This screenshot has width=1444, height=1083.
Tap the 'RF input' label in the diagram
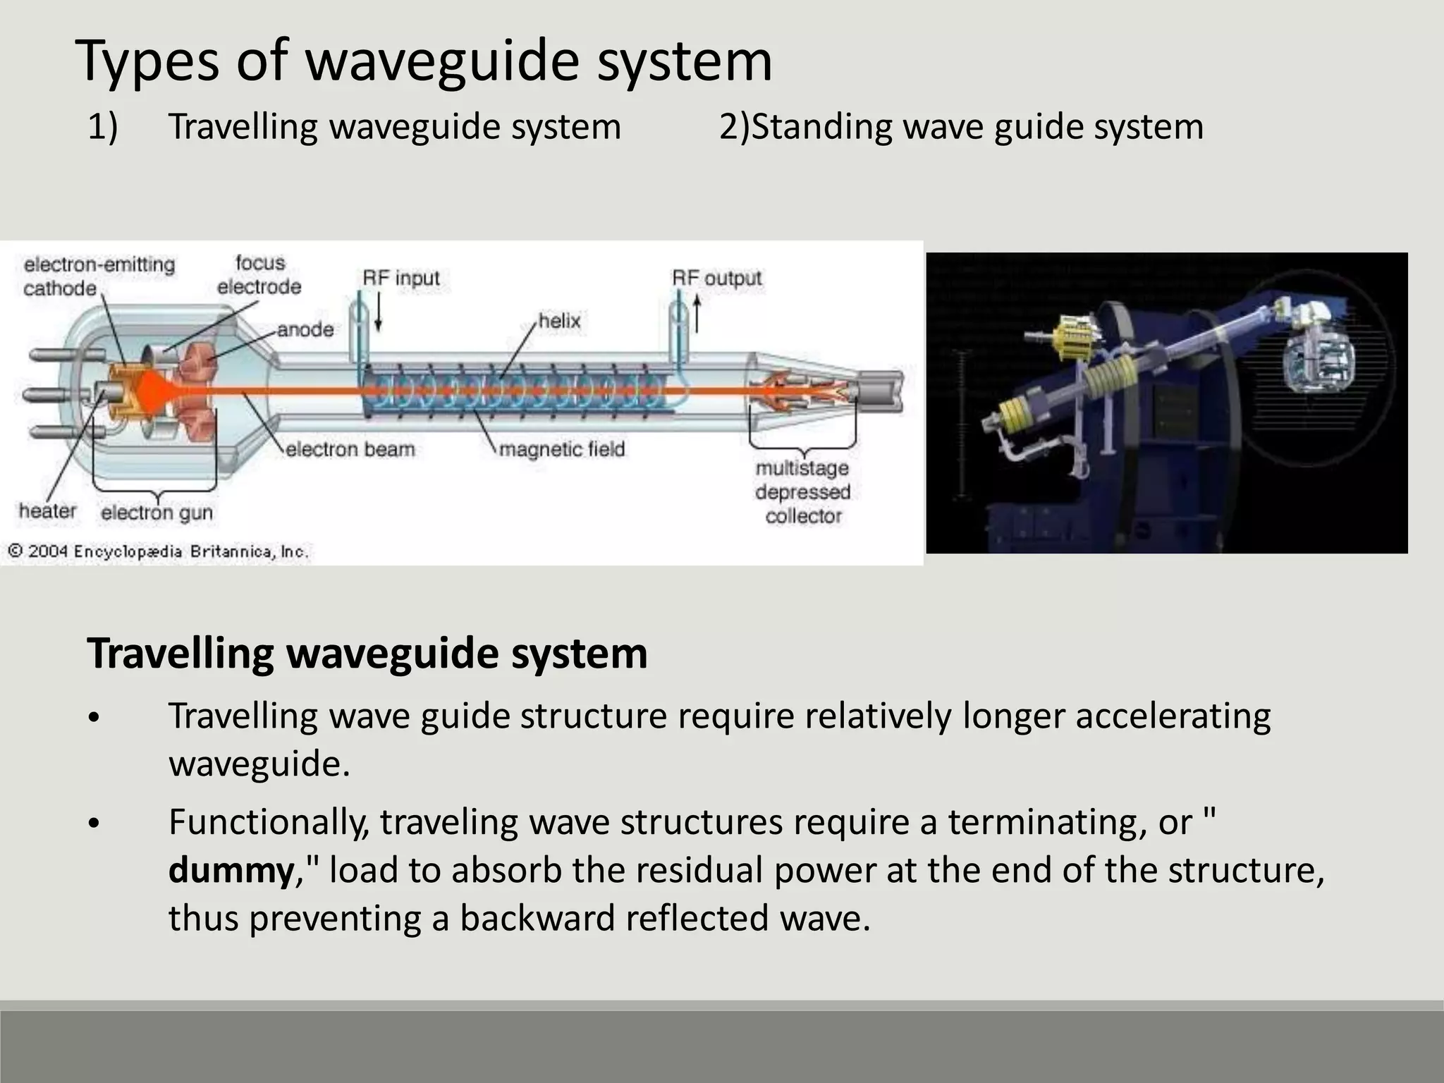pyautogui.click(x=400, y=278)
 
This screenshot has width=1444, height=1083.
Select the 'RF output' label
pyautogui.click(x=716, y=278)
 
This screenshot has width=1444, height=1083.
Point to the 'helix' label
pyautogui.click(x=559, y=322)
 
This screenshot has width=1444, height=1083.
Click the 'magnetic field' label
pyautogui.click(x=561, y=449)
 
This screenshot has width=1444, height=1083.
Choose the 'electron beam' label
pyautogui.click(x=350, y=449)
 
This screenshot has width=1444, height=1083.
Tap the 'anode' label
pyautogui.click(x=305, y=329)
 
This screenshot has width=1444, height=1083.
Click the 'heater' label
pyautogui.click(x=47, y=510)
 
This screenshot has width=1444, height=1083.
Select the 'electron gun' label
pyautogui.click(x=157, y=513)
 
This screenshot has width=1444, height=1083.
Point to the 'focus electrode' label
pyautogui.click(x=259, y=275)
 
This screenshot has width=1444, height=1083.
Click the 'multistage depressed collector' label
pyautogui.click(x=803, y=492)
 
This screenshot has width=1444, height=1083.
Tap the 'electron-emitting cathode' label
pyautogui.click(x=99, y=276)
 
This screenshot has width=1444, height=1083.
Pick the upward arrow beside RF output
pyautogui.click(x=697, y=314)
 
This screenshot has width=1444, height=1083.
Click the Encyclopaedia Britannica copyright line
pyautogui.click(x=158, y=551)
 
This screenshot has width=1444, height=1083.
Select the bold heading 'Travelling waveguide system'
pyautogui.click(x=367, y=654)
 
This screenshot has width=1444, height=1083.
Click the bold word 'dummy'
pyautogui.click(x=231, y=870)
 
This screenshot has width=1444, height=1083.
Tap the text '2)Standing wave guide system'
pyautogui.click(x=961, y=128)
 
